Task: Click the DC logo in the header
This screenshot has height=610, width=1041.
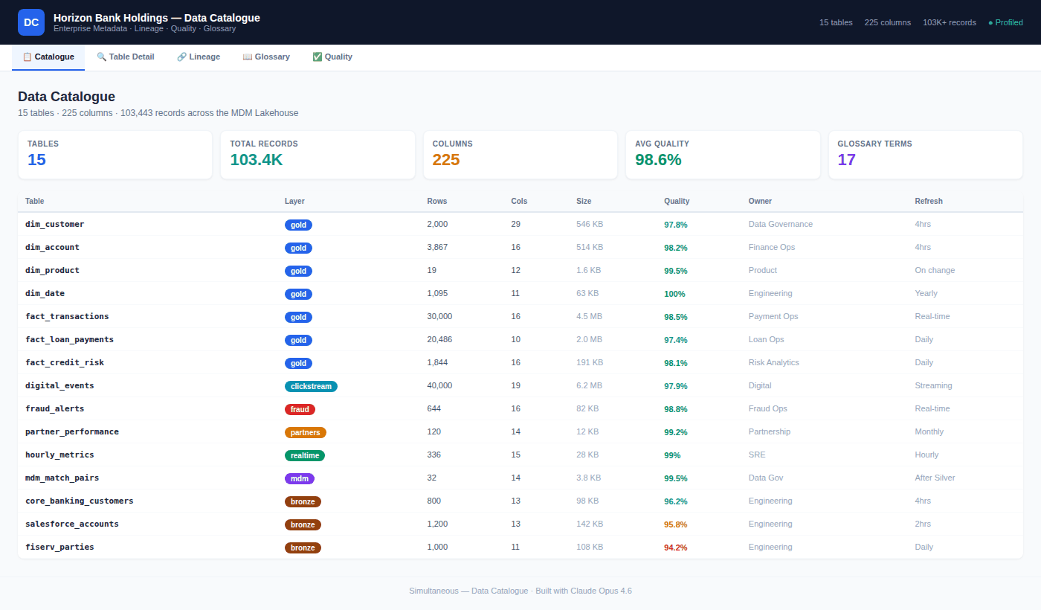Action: pos(31,22)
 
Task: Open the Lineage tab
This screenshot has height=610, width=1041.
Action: pos(199,57)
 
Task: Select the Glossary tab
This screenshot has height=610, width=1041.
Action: pos(266,57)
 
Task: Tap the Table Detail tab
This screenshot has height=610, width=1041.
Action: pos(126,57)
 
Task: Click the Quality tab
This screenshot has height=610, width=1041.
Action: pos(332,57)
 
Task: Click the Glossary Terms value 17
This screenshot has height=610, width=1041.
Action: pos(846,160)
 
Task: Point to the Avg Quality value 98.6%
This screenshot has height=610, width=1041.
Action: pos(657,160)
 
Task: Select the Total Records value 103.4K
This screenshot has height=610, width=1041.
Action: pos(256,160)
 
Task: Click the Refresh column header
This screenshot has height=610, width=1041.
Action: pos(929,201)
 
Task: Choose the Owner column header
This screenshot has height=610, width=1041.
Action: pos(760,201)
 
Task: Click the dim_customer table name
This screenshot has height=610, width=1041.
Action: pos(54,224)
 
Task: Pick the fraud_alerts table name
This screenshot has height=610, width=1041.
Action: pos(54,408)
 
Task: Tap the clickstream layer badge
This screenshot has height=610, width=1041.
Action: pos(311,386)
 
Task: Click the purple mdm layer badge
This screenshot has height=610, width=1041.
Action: pos(300,478)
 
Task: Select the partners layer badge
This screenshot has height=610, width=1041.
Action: pos(305,432)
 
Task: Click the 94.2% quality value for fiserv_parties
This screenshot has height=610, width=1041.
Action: pos(675,548)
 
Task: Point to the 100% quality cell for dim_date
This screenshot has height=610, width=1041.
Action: pos(674,294)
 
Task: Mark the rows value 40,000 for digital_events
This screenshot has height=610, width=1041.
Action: pos(439,385)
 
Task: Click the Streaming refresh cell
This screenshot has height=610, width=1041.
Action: pos(933,385)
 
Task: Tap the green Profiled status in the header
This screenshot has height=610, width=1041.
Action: pos(1005,22)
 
